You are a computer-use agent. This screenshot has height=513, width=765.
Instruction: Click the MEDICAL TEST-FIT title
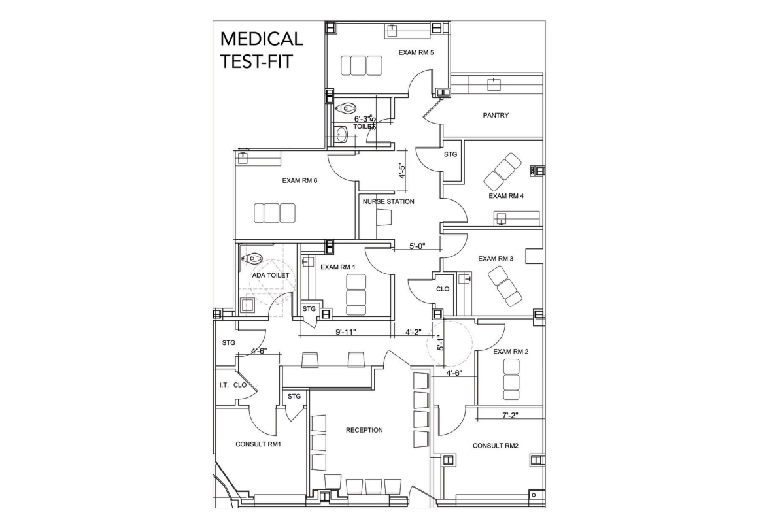(262, 50)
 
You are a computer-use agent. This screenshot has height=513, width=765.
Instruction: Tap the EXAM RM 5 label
(416, 52)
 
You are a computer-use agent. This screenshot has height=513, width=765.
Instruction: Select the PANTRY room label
(496, 115)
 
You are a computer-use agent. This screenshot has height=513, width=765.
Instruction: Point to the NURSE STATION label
(388, 201)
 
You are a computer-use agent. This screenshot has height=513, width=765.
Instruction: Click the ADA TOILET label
(271, 275)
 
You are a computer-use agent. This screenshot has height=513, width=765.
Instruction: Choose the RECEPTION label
(364, 430)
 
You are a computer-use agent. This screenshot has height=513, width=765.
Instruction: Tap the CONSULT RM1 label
(258, 444)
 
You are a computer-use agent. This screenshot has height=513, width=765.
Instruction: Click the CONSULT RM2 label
(496, 446)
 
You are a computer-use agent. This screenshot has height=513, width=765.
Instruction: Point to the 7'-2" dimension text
(509, 414)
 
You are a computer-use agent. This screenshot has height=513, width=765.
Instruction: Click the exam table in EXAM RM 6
(275, 213)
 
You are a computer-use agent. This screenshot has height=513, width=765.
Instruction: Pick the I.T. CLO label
(233, 385)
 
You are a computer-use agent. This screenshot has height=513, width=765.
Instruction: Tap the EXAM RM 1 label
(338, 267)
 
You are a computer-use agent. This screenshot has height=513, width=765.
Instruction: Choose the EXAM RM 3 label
(496, 259)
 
